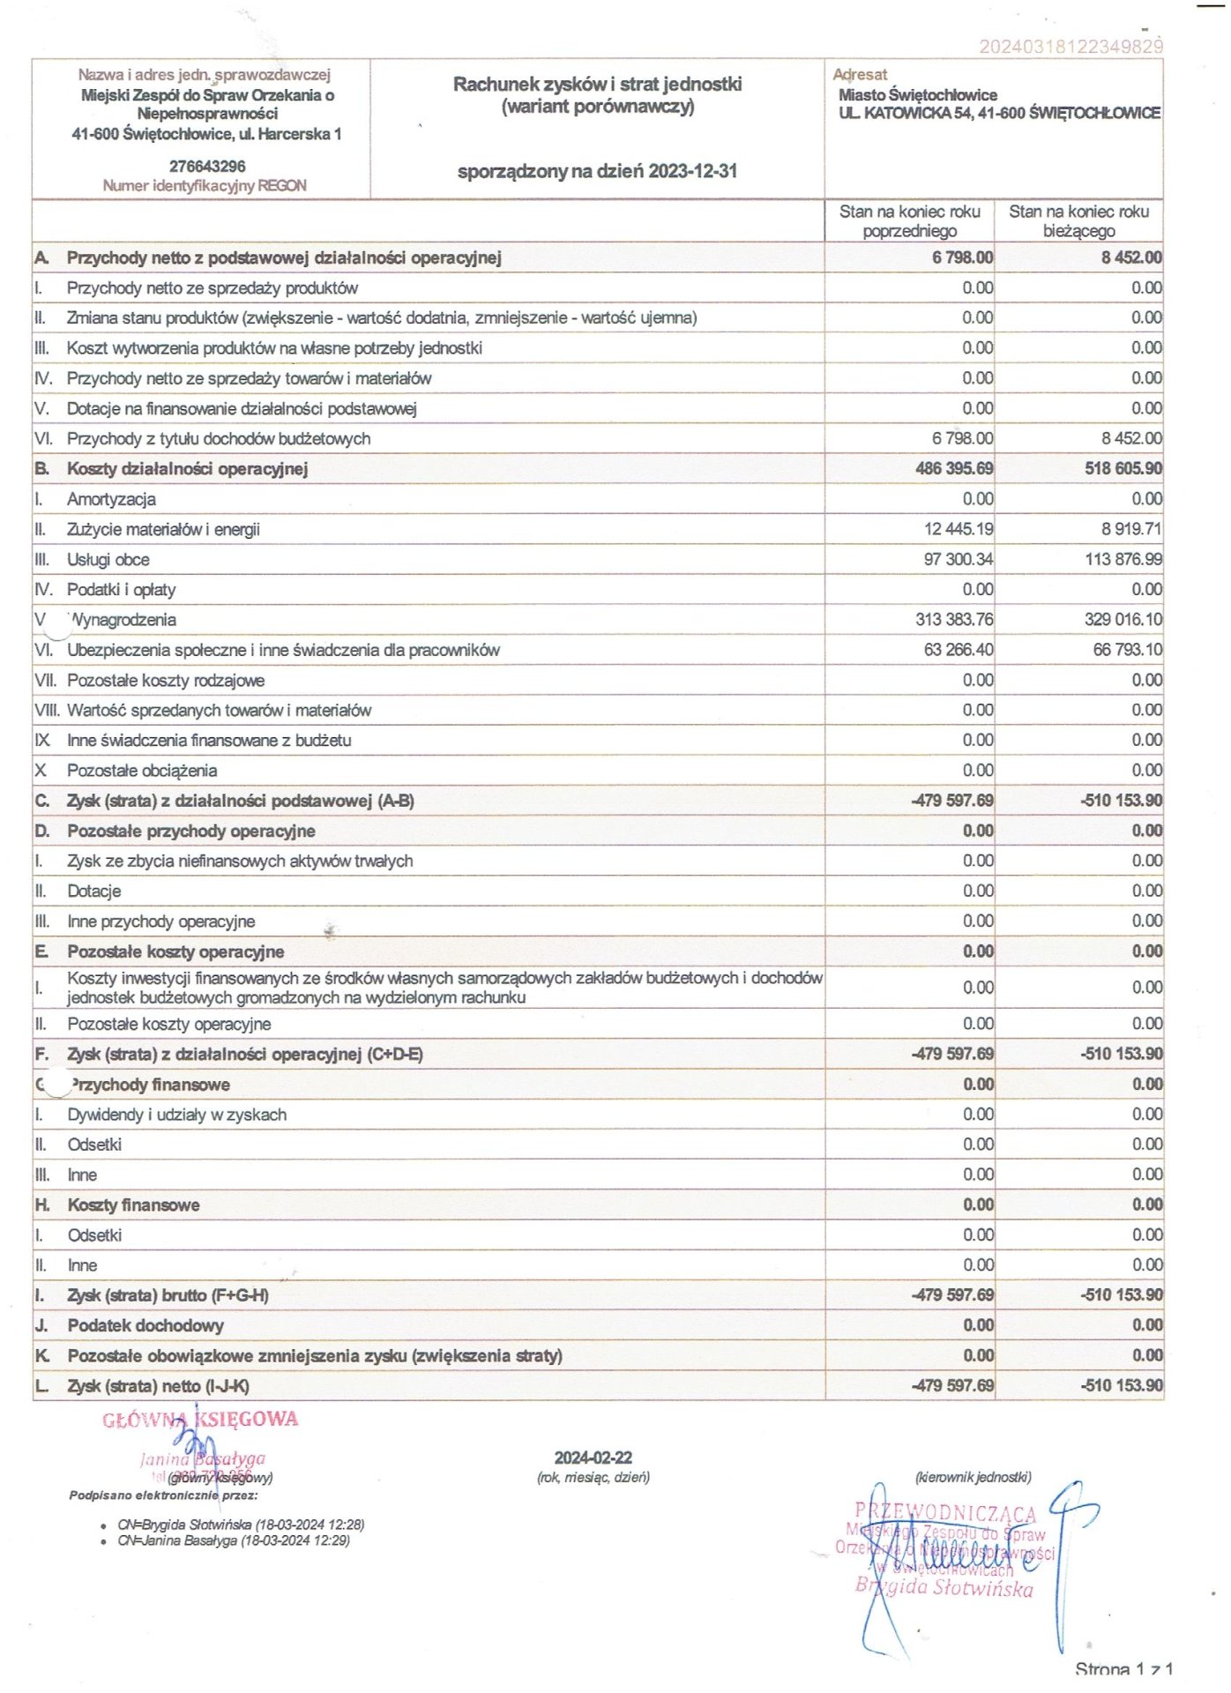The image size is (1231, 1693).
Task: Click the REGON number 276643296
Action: [x=207, y=167]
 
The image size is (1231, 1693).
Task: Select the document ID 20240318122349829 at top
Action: [x=1071, y=46]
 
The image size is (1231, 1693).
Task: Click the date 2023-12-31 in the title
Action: [x=692, y=171]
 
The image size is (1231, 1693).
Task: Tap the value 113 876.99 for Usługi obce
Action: [x=1123, y=559]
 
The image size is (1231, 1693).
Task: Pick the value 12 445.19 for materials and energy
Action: [x=959, y=529]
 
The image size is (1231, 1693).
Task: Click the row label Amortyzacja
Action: [x=111, y=499]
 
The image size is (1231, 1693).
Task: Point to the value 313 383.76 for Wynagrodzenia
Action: [x=954, y=620]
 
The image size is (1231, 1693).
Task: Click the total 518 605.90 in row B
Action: [x=1123, y=469]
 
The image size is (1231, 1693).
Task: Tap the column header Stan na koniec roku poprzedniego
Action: [x=909, y=221]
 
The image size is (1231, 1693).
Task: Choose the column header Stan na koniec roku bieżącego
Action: [x=1078, y=221]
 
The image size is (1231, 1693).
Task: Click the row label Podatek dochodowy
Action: [x=145, y=1326]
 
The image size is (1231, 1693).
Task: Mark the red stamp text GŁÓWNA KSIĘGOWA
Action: [x=200, y=1420]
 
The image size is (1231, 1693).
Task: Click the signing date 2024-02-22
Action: [x=593, y=1458]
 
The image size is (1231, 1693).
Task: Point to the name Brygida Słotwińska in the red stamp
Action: [x=944, y=1588]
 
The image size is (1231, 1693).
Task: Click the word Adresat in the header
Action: [x=860, y=75]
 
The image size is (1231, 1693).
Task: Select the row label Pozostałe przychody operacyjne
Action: [x=190, y=832]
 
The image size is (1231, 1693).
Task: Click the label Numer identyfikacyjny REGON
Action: [x=205, y=186]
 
